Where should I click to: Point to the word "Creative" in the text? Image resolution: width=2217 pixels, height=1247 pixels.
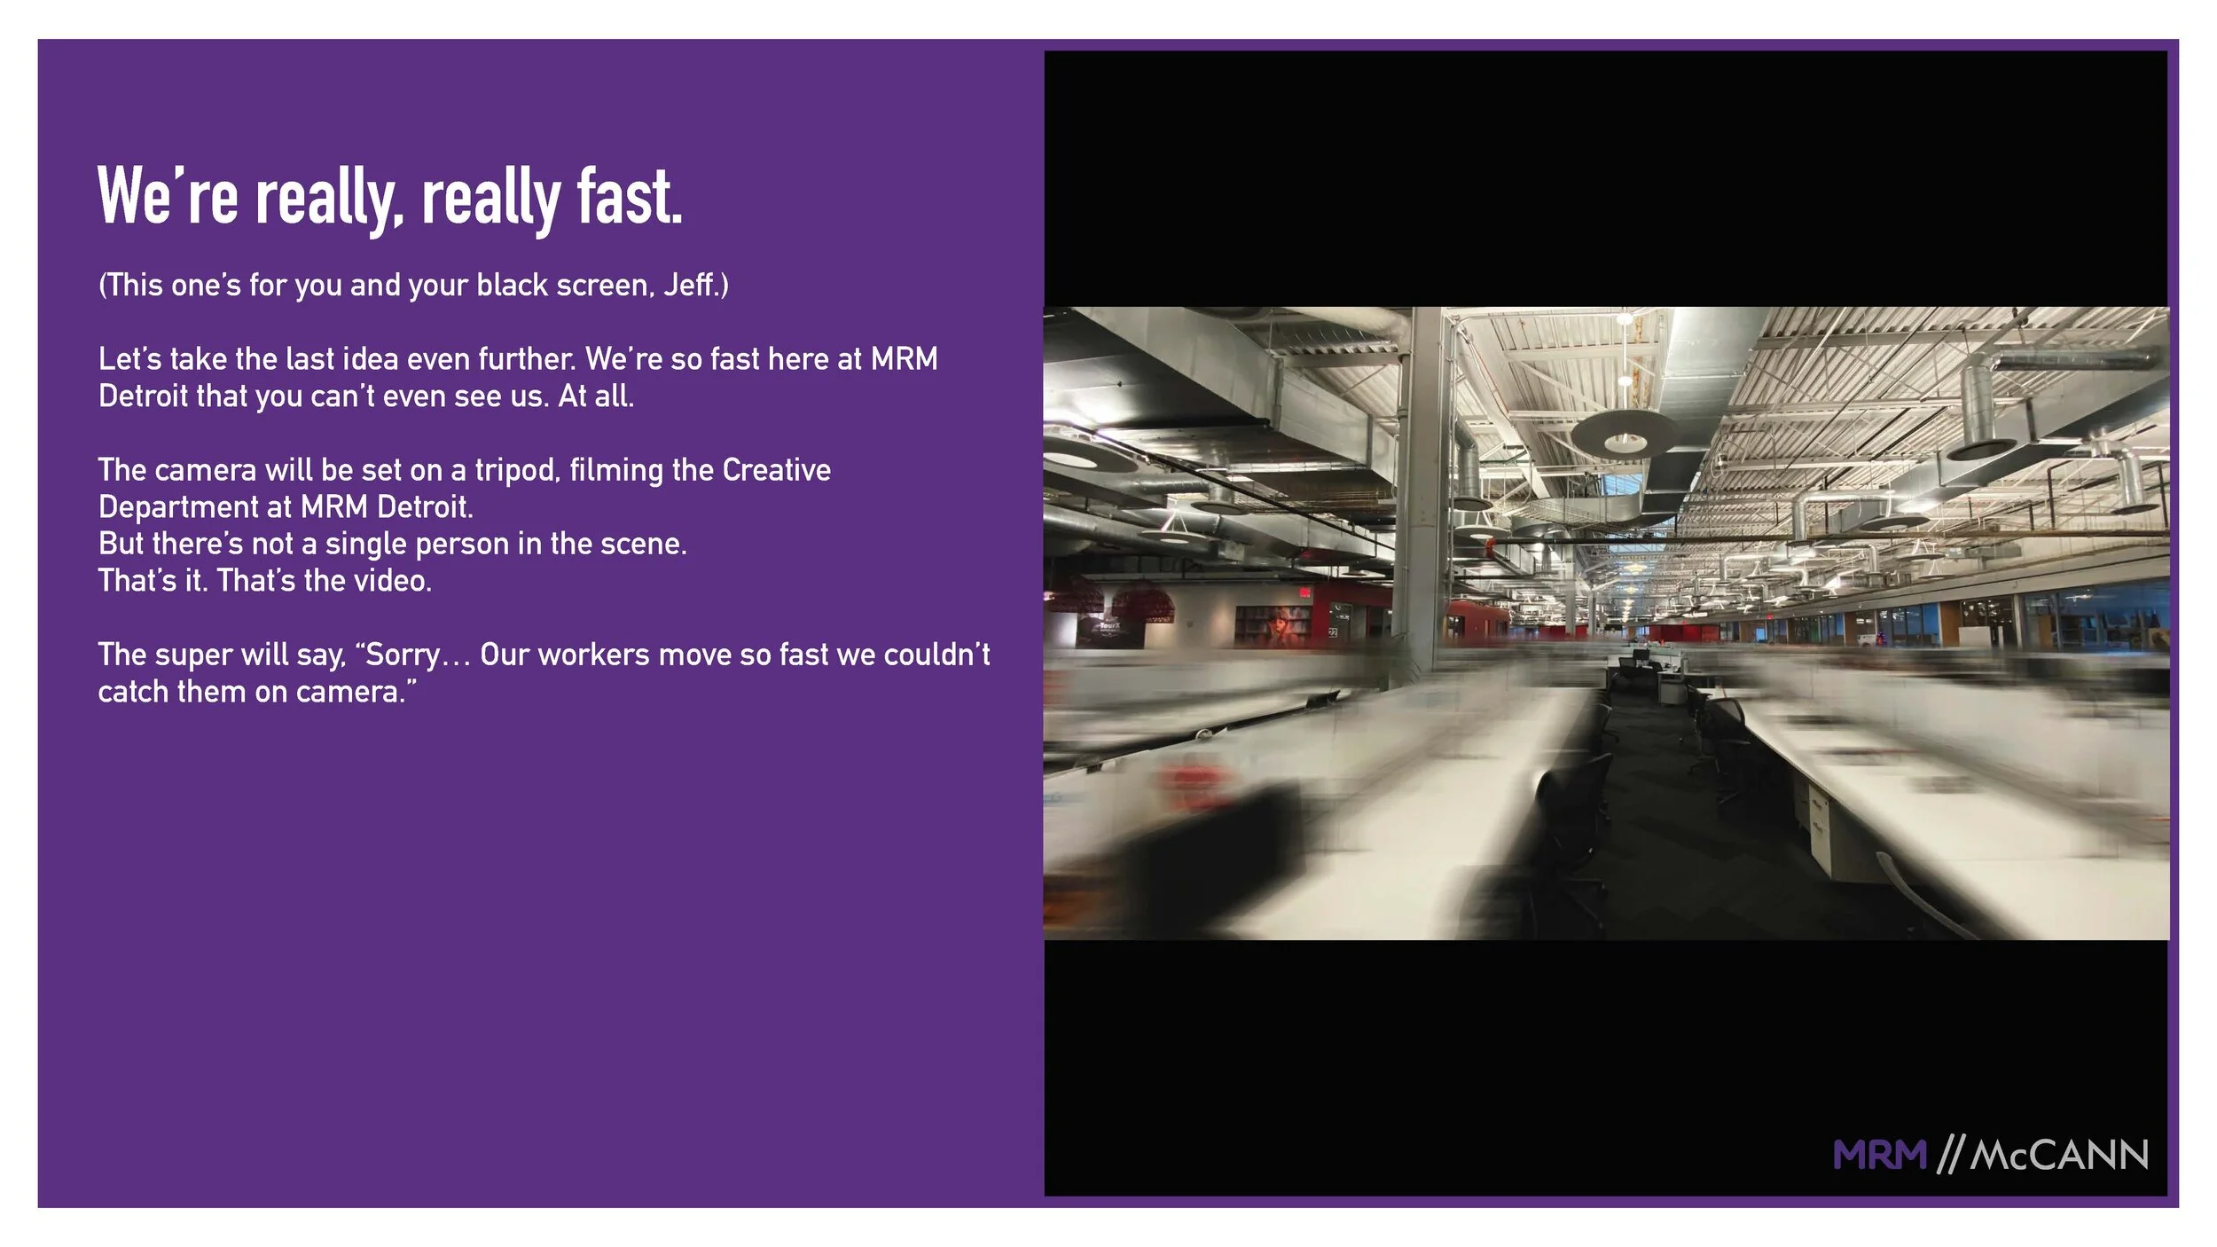777,470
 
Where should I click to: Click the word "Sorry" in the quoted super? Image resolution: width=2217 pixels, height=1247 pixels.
403,655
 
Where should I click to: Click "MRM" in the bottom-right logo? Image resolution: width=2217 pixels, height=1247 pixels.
1879,1156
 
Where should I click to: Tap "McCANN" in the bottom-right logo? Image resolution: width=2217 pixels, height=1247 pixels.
2058,1156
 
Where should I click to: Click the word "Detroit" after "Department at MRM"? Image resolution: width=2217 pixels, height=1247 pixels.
425,507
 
